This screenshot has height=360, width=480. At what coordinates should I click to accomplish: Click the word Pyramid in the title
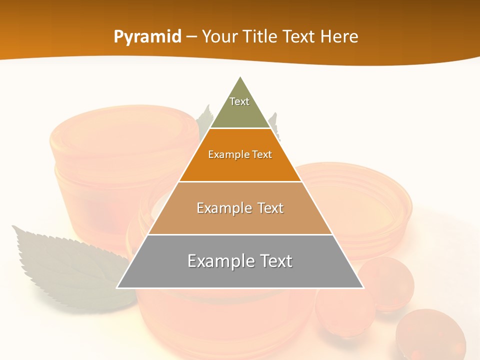tap(147, 37)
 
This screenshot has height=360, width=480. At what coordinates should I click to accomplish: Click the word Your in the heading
tap(218, 37)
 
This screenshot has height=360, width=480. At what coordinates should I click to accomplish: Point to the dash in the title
tap(191, 37)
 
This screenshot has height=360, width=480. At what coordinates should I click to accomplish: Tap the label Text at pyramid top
tap(239, 101)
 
